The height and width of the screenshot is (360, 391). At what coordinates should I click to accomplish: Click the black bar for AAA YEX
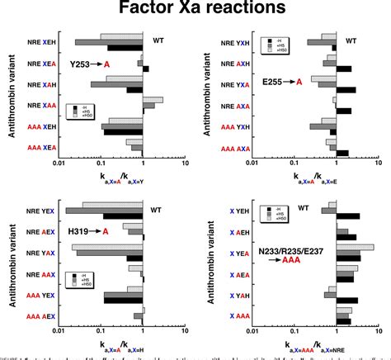click(124, 300)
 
